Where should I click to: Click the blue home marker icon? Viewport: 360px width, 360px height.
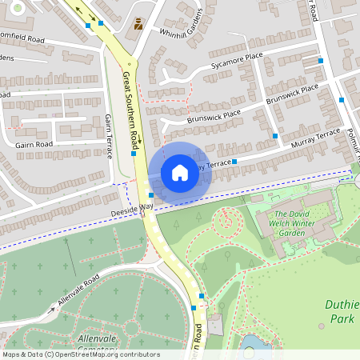pos(180,172)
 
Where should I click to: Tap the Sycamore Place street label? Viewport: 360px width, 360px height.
pos(238,60)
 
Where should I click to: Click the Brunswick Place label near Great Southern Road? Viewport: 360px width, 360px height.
pos(191,115)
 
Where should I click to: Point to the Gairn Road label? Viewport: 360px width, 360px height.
pos(34,144)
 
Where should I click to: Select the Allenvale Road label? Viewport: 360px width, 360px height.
pos(78,291)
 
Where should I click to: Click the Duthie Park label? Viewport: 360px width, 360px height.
pos(341,312)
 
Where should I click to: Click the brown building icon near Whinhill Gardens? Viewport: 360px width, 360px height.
pos(139,24)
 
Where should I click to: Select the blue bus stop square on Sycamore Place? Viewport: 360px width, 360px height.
pos(320,61)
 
